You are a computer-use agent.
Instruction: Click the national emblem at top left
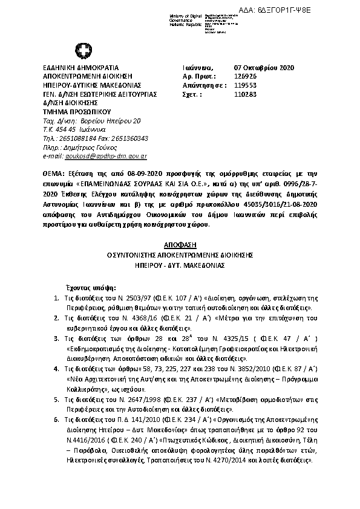80,50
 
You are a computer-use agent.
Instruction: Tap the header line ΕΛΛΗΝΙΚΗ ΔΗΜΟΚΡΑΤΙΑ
80,68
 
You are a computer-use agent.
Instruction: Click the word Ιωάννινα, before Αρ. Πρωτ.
197,68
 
